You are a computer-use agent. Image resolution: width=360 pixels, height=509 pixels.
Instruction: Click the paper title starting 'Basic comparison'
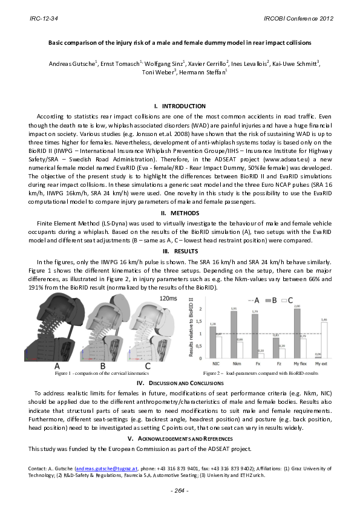click(x=180, y=43)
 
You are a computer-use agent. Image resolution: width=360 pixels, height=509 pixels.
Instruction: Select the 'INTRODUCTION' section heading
click(x=180, y=106)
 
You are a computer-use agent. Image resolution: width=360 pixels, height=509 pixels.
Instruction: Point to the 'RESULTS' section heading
click(x=180, y=250)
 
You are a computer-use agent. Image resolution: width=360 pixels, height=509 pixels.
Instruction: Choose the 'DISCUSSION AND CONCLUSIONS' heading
click(x=180, y=383)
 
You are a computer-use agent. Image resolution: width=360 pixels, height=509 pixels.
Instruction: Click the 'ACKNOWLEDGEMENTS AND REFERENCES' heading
click(x=180, y=438)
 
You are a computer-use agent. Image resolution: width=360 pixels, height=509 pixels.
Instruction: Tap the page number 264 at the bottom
click(x=180, y=490)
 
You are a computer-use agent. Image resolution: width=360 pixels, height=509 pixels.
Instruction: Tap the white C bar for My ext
click(x=324, y=340)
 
